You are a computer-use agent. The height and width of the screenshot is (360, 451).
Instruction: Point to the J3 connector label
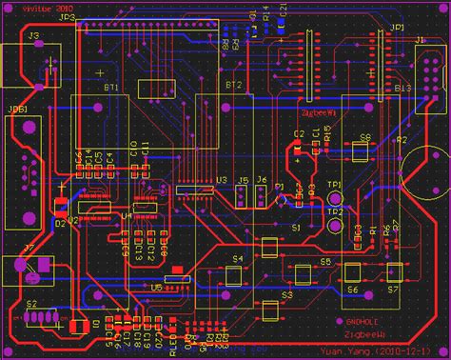point(34,35)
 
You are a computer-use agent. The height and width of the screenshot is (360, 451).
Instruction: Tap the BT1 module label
point(111,86)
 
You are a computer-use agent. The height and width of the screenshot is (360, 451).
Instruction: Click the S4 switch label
point(238,258)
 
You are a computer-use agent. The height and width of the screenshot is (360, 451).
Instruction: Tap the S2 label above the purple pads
point(32,304)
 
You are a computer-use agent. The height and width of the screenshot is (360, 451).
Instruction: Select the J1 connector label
point(420,39)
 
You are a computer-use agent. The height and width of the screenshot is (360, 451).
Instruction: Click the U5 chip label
point(156,287)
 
